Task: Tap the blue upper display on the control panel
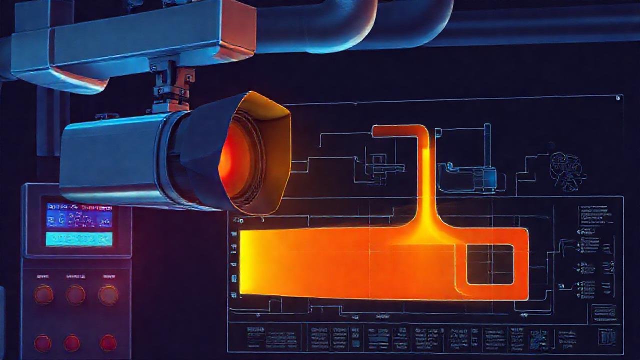click(79, 215)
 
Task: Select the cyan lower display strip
click(79, 239)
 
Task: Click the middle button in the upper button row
click(75, 294)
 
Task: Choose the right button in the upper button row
click(108, 294)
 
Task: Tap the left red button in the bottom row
click(42, 343)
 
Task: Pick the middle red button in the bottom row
click(72, 343)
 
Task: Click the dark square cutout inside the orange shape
click(490, 264)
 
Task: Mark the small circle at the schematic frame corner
click(618, 98)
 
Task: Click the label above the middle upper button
click(75, 276)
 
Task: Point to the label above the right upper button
click(108, 276)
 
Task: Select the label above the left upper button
click(43, 276)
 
